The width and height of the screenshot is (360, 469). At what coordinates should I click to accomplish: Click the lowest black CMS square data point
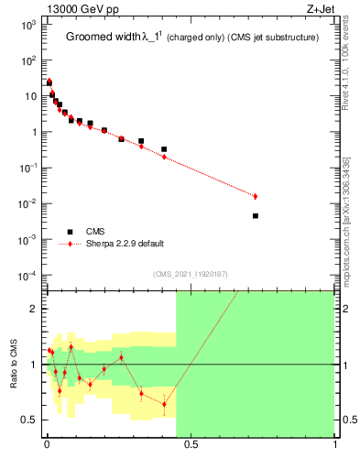(256, 216)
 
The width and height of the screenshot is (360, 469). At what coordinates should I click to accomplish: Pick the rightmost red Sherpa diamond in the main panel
(256, 196)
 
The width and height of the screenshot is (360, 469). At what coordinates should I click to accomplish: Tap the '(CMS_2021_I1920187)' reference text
(190, 274)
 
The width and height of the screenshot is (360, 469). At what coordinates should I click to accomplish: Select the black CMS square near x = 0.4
(164, 149)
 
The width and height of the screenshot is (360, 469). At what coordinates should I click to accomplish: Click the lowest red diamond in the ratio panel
(164, 404)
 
